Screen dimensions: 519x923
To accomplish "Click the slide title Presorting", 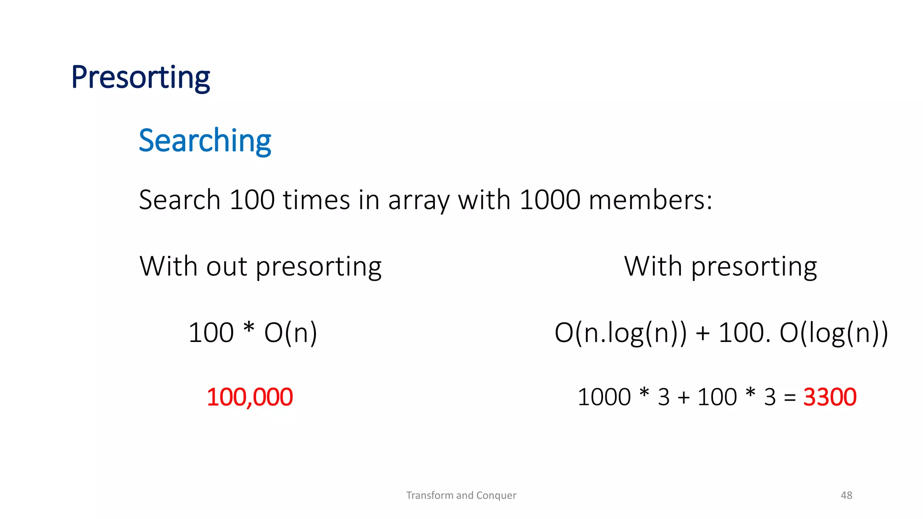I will point(141,77).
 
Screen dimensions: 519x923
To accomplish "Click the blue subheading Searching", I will point(205,141).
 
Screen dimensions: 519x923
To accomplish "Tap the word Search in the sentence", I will point(179,200).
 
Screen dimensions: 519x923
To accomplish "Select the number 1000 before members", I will point(550,200).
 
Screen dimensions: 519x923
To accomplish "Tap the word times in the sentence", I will point(316,200).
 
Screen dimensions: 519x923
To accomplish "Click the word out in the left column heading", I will point(227,266).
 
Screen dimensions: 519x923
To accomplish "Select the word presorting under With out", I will point(319,267).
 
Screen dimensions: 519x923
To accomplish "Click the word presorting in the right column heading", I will point(754,267).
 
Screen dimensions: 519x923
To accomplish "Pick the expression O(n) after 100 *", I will point(291,333).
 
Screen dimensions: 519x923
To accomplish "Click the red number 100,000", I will point(250,397).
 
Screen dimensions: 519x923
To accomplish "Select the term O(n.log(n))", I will point(621,333).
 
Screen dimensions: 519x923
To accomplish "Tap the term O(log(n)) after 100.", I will point(834,333).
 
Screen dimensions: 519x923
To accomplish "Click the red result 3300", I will point(830,397).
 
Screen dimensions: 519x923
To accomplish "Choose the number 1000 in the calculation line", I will point(604,397).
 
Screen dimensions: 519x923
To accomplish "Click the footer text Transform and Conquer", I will point(461,495).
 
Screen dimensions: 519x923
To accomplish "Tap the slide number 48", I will point(846,495).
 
